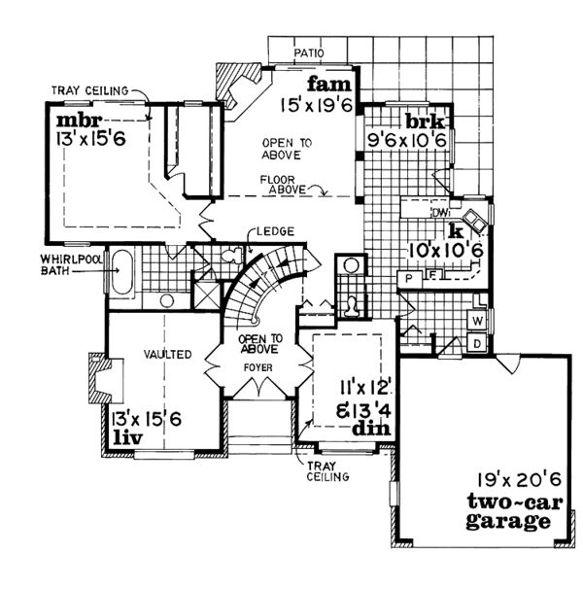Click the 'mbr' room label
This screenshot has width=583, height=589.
pos(74,121)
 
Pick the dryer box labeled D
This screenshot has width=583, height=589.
pos(478,343)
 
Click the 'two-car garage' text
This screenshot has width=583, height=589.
pos(510,512)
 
